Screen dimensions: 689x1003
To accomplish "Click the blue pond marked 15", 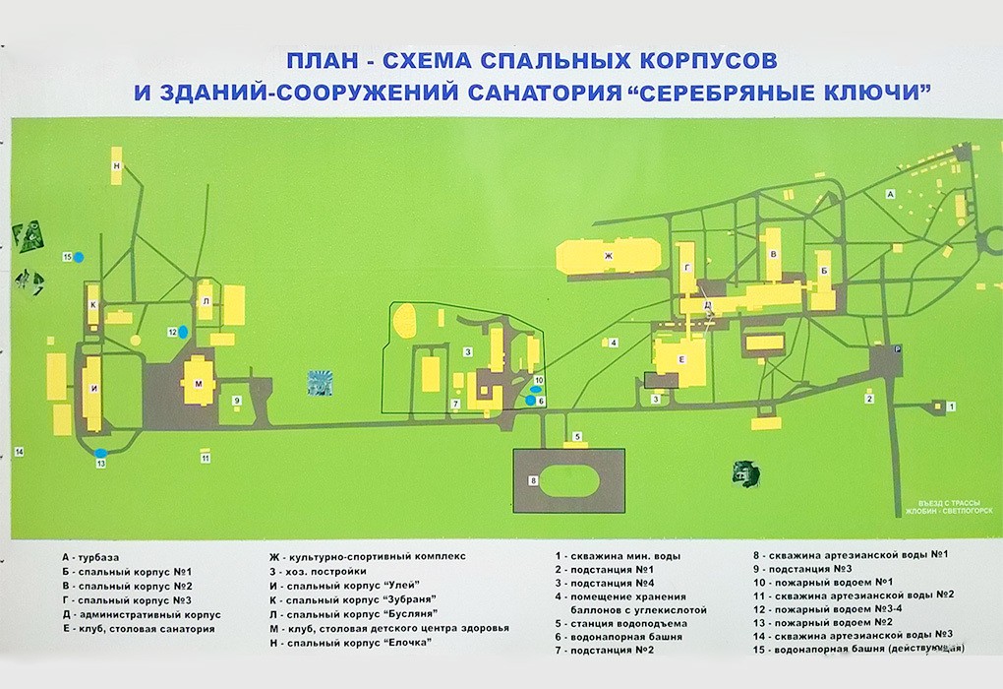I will [x=79, y=258].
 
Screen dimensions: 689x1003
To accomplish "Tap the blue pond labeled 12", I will [x=183, y=332].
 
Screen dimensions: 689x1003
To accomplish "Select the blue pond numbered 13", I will [x=101, y=454].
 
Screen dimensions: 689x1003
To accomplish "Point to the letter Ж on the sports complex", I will [x=608, y=256].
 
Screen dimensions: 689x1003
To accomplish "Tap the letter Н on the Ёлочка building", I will [x=117, y=166].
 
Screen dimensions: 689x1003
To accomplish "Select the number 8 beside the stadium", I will [x=532, y=481].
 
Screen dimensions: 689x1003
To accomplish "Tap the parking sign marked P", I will [x=896, y=350].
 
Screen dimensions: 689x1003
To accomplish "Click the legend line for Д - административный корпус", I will [x=142, y=615].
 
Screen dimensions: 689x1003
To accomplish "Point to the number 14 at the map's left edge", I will [x=19, y=452].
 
